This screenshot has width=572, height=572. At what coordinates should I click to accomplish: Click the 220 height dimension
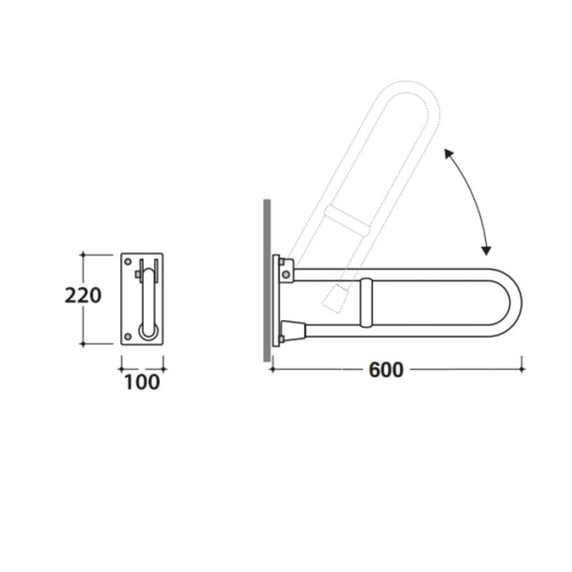click(x=83, y=296)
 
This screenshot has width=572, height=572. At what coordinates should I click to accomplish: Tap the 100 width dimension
click(x=142, y=382)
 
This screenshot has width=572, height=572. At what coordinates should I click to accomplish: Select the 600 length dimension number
click(x=386, y=370)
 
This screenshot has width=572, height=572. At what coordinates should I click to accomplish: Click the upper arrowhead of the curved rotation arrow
click(x=448, y=153)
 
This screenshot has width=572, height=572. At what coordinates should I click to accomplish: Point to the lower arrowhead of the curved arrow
click(x=486, y=251)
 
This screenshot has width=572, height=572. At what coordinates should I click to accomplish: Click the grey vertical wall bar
click(x=267, y=280)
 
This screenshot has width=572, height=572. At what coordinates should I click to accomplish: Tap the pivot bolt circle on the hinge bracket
click(x=286, y=274)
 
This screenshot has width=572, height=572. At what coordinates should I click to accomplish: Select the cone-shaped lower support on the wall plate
click(x=293, y=330)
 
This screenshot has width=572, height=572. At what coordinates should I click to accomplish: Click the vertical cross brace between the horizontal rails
click(x=366, y=302)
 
